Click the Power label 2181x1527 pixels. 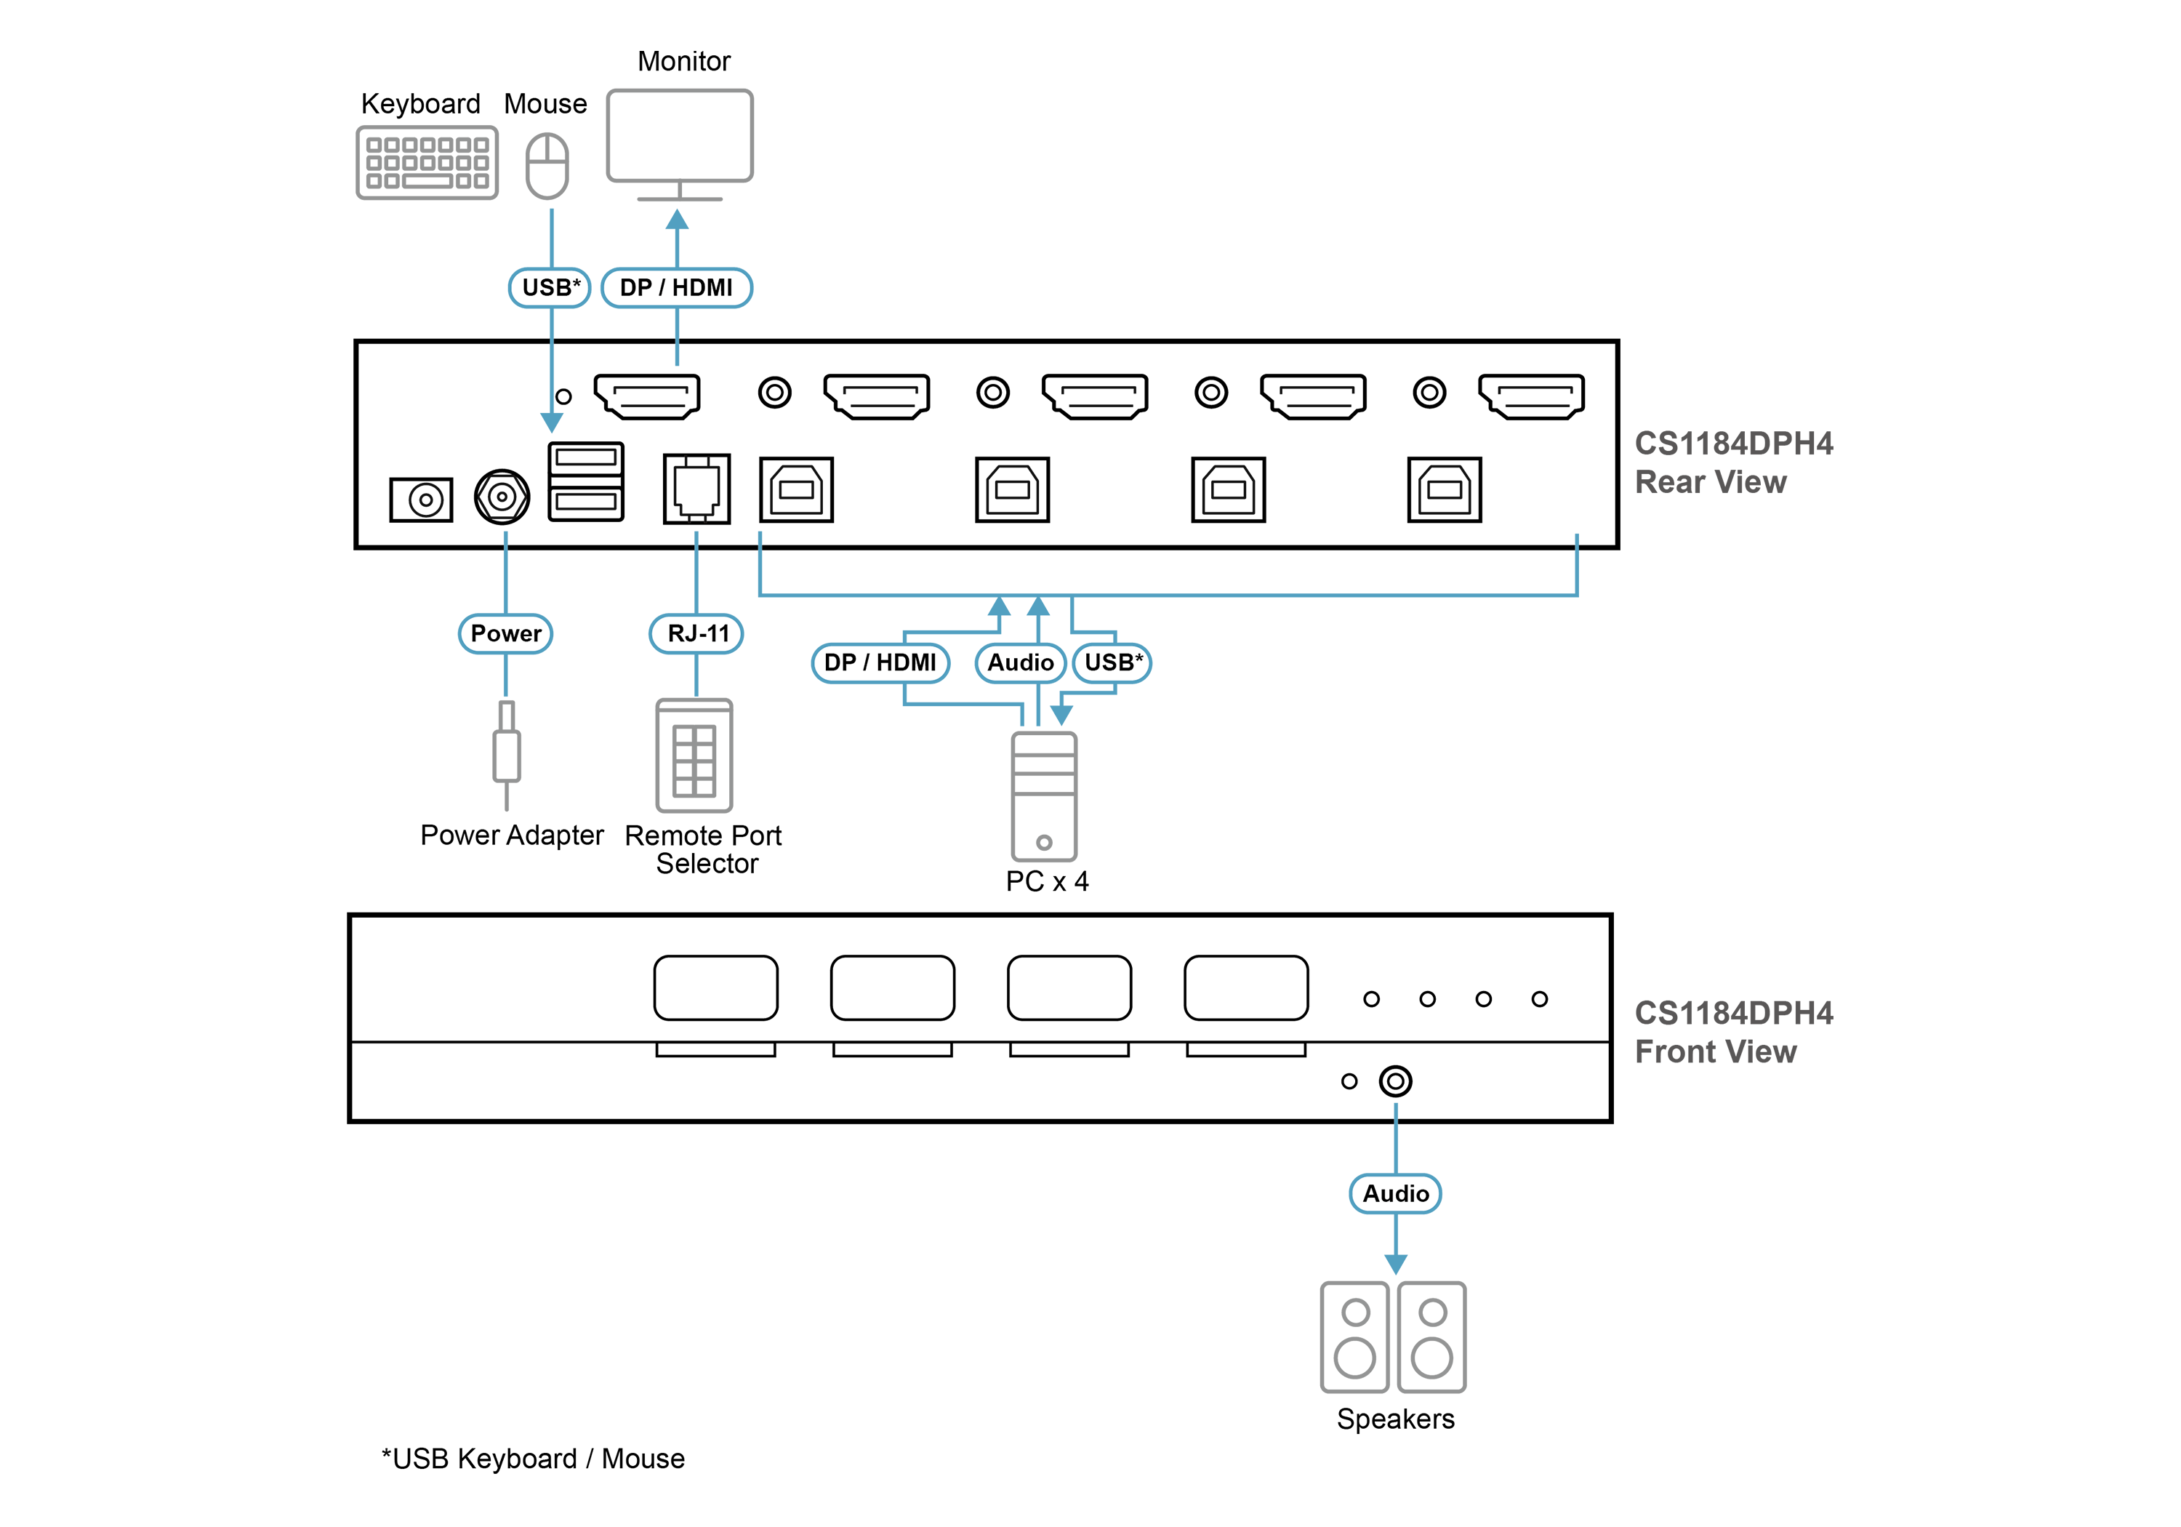click(505, 634)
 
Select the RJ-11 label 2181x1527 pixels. click(697, 634)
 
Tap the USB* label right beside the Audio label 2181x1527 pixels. click(1112, 662)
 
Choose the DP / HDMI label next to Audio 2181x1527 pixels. click(880, 662)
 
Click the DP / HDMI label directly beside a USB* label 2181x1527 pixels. click(676, 287)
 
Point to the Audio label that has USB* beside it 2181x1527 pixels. click(1020, 662)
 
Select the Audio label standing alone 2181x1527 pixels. click(1395, 1193)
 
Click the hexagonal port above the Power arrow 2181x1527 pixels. click(502, 496)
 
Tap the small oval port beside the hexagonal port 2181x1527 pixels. click(424, 499)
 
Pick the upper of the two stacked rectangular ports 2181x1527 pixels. click(585, 458)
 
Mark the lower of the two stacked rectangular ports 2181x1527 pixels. click(585, 502)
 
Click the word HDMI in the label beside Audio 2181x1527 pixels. click(907, 662)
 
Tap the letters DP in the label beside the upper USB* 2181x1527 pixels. click(635, 287)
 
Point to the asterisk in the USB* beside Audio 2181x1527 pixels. click(1140, 657)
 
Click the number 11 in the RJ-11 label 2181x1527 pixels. click(718, 634)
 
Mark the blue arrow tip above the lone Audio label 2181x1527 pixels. click(1395, 1108)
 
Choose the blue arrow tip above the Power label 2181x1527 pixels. click(506, 535)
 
